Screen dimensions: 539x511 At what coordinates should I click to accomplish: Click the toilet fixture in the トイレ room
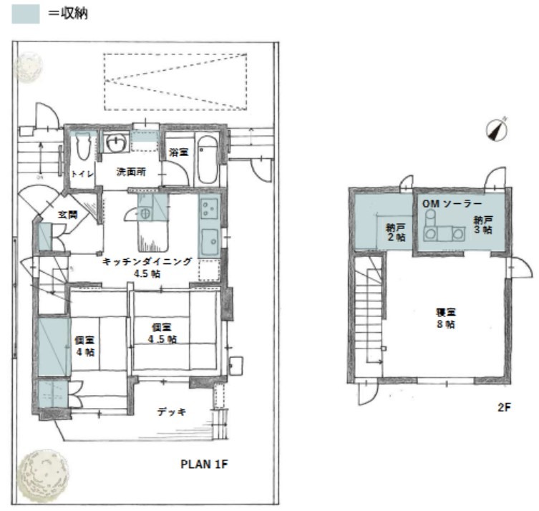[82, 146]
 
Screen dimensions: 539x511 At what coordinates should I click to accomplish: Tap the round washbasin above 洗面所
[116, 142]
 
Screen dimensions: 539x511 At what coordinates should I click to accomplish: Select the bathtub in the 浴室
[208, 160]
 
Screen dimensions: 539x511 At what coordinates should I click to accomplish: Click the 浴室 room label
[179, 152]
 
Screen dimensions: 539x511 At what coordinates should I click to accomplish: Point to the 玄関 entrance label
[67, 215]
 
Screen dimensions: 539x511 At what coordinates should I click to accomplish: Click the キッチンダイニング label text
[147, 262]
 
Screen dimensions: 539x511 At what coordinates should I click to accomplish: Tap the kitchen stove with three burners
[209, 208]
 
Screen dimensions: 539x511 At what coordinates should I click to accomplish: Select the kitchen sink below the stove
[209, 242]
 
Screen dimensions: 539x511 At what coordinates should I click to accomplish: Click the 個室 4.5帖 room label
[162, 334]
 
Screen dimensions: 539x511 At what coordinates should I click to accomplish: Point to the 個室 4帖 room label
[85, 346]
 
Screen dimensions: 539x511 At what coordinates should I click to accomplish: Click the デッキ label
[172, 412]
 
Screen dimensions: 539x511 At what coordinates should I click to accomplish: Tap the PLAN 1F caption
[204, 464]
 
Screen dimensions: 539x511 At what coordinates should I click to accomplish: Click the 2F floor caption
[504, 407]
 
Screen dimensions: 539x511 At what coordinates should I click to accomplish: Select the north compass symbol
[497, 130]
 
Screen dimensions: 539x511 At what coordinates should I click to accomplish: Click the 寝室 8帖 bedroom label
[446, 318]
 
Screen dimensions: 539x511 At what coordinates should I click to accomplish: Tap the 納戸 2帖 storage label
[396, 233]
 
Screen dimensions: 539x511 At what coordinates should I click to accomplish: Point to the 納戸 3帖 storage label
[483, 225]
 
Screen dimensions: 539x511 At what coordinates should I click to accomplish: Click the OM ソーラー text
[452, 204]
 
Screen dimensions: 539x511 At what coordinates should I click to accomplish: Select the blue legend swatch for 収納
[26, 14]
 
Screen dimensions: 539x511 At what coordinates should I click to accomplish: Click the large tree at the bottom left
[43, 475]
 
